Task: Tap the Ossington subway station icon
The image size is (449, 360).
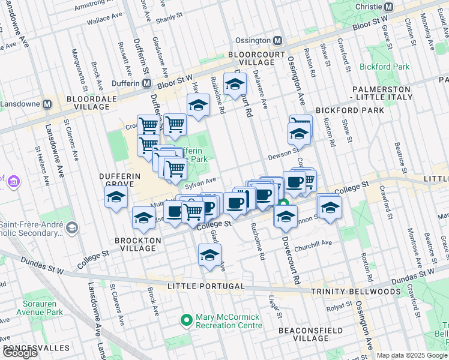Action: [277, 40]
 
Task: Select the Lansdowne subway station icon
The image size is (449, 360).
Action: [47, 104]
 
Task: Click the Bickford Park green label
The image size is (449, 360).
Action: [384, 67]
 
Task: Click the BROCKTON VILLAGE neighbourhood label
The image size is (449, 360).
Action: [138, 244]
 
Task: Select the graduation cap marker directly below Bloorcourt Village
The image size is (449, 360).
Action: [235, 83]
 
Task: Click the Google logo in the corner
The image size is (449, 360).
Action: [20, 352]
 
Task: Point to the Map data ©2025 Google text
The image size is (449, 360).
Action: [412, 355]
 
